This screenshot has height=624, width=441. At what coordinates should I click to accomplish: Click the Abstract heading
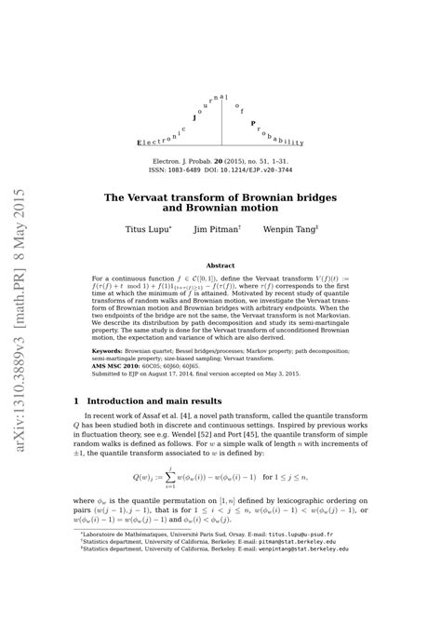point(220,265)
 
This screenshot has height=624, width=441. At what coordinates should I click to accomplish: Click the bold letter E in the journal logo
point(140,142)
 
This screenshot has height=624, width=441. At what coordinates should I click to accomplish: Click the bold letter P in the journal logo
point(253,122)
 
